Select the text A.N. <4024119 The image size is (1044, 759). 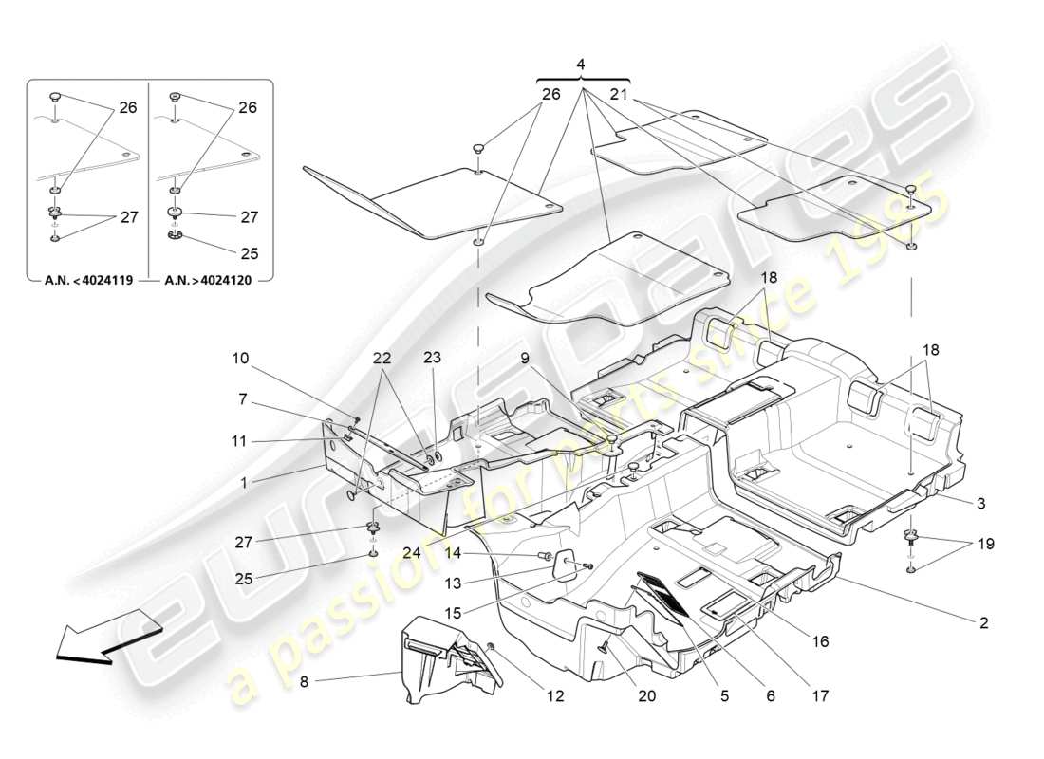pyautogui.click(x=88, y=281)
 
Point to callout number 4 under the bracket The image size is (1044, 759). pyautogui.click(x=582, y=65)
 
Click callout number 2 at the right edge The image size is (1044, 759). pyautogui.click(x=983, y=623)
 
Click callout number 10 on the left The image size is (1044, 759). pyautogui.click(x=240, y=359)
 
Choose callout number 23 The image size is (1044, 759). pyautogui.click(x=432, y=359)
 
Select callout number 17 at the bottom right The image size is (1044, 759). pyautogui.click(x=820, y=696)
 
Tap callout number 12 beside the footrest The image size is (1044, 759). pyautogui.click(x=554, y=696)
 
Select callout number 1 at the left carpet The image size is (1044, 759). pyautogui.click(x=244, y=482)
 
